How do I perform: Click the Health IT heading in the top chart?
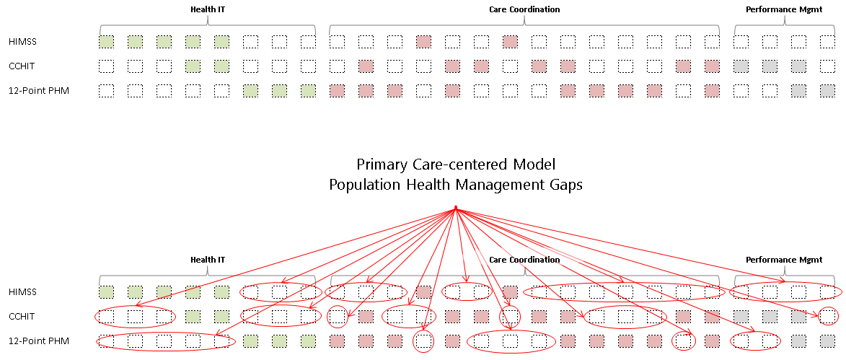208,9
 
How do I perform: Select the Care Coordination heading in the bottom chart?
524,260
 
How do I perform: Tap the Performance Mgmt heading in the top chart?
784,9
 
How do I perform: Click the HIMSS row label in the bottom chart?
22,292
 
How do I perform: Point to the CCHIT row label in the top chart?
22,66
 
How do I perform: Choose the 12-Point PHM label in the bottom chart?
39,341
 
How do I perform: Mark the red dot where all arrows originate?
456,208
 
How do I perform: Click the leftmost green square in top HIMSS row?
107,42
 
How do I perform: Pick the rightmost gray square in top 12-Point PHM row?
827,91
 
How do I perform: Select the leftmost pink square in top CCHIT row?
366,66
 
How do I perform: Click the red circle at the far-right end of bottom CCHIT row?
829,316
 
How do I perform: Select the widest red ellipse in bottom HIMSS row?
625,292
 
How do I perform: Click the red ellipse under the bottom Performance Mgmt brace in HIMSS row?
785,292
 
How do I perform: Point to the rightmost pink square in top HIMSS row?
511,42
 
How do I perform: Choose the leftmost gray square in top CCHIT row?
741,66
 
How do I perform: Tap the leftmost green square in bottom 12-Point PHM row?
250,341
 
